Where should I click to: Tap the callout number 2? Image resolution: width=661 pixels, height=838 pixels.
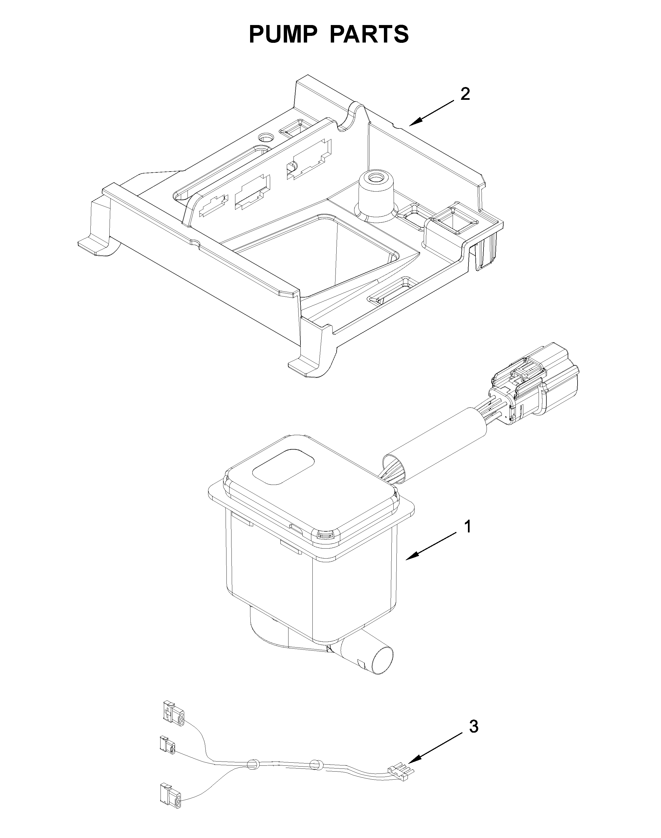tap(465, 94)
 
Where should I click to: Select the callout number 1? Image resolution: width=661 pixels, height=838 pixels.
tap(468, 527)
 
